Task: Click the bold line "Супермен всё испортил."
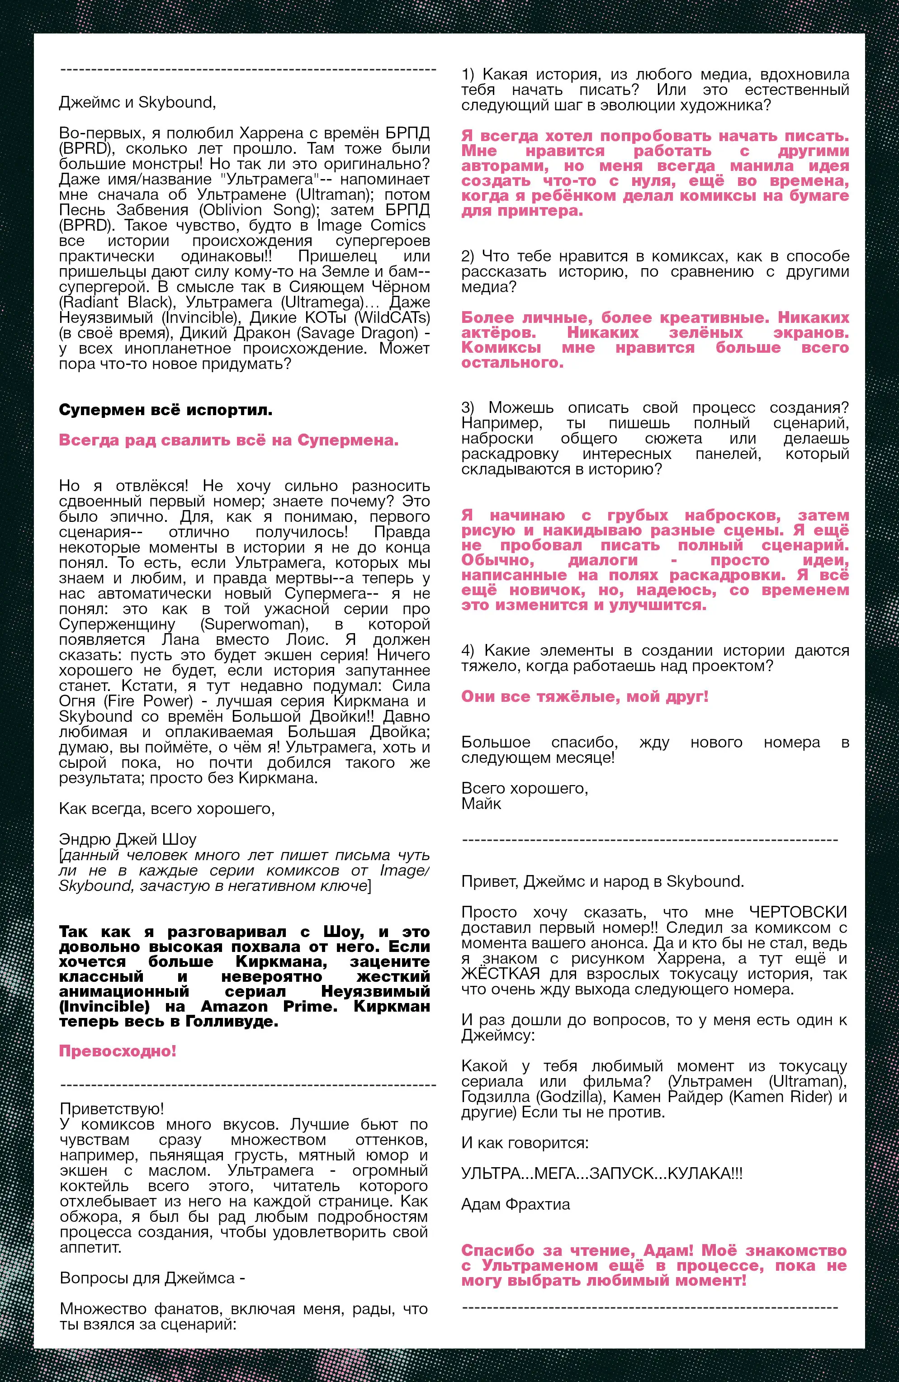click(x=166, y=411)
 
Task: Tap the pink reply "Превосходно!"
click(x=117, y=1051)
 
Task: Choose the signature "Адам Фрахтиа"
click(x=516, y=1204)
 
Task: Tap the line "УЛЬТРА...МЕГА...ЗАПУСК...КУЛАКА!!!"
click(x=601, y=1174)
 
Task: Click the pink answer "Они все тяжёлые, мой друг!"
click(x=585, y=697)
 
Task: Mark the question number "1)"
click(x=468, y=75)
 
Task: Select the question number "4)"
click(x=468, y=651)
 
